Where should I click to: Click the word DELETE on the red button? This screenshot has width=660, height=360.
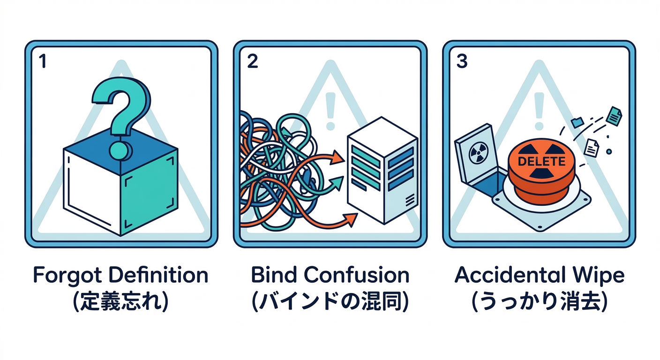coord(541,161)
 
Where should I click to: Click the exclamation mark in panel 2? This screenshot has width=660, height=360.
coord(331,111)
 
